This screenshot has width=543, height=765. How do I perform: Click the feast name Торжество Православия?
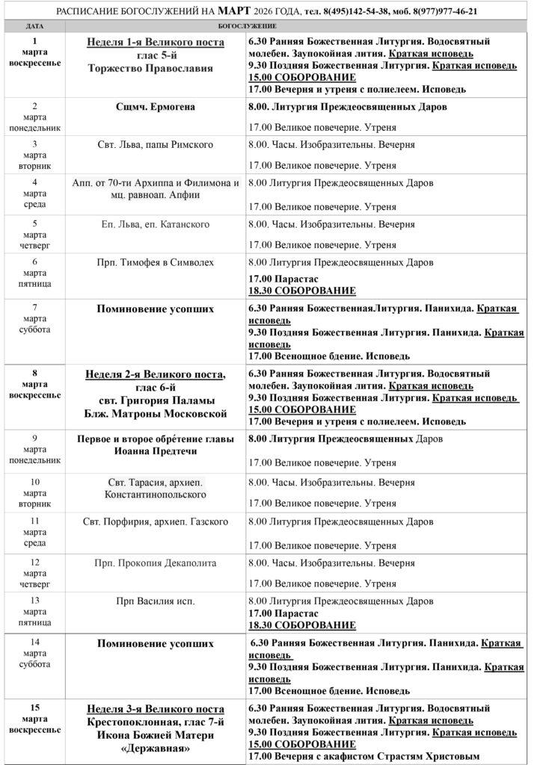155,68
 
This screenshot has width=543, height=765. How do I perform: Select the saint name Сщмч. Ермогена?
155,107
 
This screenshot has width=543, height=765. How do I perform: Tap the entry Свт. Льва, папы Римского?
155,144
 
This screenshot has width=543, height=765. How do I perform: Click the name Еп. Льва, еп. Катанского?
155,223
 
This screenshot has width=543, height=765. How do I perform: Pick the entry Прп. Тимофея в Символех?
155,262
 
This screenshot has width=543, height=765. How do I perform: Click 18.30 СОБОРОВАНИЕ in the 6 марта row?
302,291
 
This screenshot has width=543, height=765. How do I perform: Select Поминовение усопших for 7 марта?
155,308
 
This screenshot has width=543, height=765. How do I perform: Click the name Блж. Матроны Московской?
155,413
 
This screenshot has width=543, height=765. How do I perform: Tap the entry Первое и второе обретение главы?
155,439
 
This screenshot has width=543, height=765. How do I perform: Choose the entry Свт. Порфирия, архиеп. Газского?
155,521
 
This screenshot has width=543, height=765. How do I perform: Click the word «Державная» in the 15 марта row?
155,749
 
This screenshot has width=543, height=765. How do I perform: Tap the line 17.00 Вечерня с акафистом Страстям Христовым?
363,757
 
